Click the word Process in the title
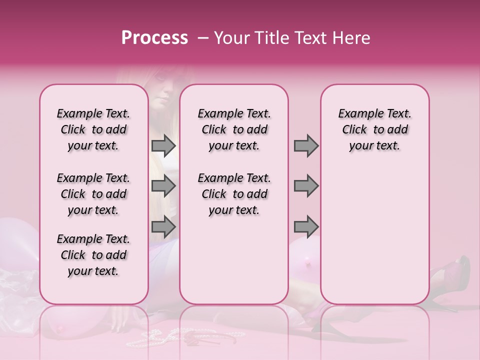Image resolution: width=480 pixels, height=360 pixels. point(154,38)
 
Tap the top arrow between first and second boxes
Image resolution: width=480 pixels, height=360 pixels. point(163,145)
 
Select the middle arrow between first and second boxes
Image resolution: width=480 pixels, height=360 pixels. point(163,186)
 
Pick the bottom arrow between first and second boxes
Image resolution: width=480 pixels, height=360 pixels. point(163,226)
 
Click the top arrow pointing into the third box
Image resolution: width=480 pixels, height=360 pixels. point(306,145)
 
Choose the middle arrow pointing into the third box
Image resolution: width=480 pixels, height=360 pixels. point(306,186)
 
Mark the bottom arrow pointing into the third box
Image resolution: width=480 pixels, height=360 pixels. point(306,226)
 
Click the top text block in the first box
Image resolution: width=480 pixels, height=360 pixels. point(93,129)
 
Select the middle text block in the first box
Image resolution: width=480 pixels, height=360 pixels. point(93,194)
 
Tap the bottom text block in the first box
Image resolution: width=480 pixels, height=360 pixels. point(93,255)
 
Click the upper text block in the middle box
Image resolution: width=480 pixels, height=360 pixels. point(234,129)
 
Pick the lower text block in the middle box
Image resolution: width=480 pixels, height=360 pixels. point(234,194)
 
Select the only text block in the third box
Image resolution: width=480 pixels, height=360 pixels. point(374,129)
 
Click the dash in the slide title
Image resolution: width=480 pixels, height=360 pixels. point(202,38)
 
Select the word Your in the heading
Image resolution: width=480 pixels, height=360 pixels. point(232,38)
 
